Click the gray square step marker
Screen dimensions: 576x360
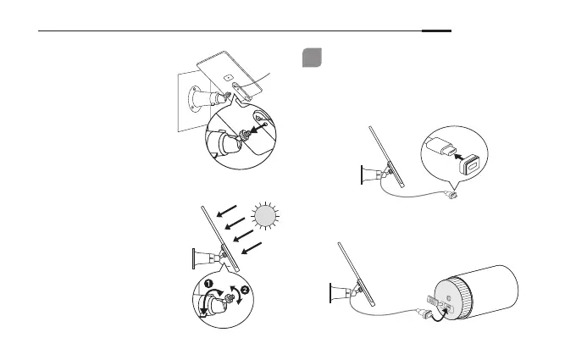click(x=312, y=57)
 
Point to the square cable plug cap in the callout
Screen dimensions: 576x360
click(x=471, y=162)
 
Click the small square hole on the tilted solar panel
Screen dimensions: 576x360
click(x=226, y=75)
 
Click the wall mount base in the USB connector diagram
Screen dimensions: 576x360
click(x=367, y=174)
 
